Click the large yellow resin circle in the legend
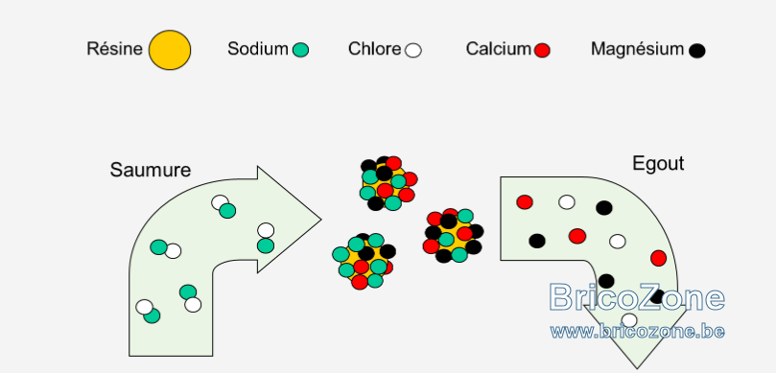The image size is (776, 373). tap(170, 50)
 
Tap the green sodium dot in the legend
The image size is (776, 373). tap(300, 50)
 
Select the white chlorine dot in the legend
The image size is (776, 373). tap(412, 51)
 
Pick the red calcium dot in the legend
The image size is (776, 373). tap(542, 50)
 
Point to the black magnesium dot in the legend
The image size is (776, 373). tap(696, 51)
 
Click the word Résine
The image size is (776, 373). tap(114, 49)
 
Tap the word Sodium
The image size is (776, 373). tap(258, 49)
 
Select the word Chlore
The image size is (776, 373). tap(375, 49)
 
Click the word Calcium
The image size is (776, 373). tap(499, 49)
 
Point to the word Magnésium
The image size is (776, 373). tap(638, 49)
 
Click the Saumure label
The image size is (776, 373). tap(151, 170)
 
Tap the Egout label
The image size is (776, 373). tap(658, 164)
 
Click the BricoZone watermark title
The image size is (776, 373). tap(638, 298)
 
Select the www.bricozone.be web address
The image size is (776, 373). tap(638, 331)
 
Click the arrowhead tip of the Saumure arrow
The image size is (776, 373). tap(321, 220)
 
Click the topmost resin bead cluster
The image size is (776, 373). tap(388, 183)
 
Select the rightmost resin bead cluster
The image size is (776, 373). tap(454, 236)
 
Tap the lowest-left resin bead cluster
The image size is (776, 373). tap(364, 261)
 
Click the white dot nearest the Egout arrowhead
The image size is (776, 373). tap(629, 320)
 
